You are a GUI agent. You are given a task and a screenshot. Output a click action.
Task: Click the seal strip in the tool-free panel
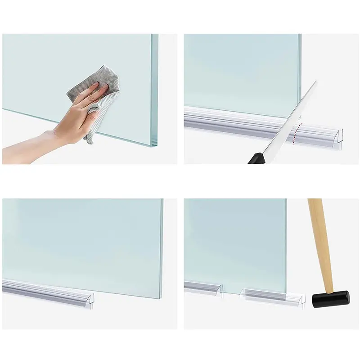pos(49,290)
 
